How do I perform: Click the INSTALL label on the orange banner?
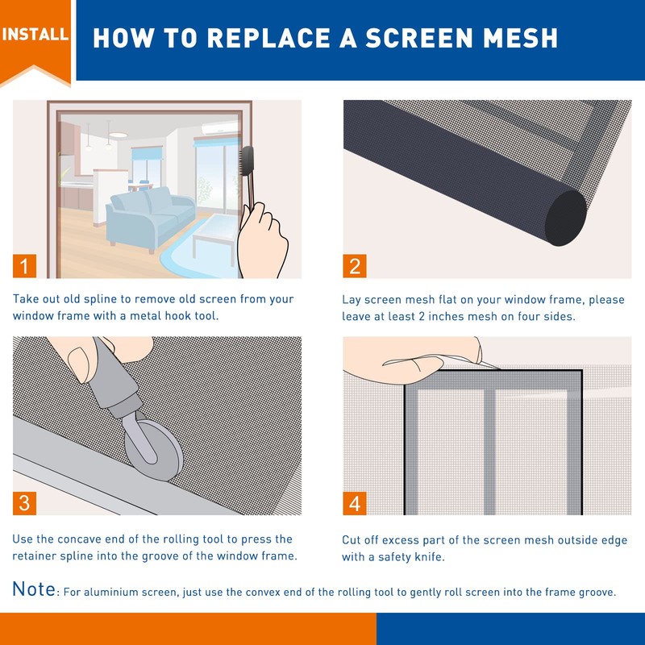[x=35, y=34]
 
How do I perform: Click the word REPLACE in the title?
[x=268, y=38]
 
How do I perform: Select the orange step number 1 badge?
[x=24, y=266]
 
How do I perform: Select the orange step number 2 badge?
[x=355, y=266]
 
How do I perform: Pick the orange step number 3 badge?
[x=24, y=503]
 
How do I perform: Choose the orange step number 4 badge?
[x=355, y=503]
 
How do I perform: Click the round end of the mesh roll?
[x=566, y=218]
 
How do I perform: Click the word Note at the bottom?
[x=34, y=589]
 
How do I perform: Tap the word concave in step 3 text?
[x=79, y=539]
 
